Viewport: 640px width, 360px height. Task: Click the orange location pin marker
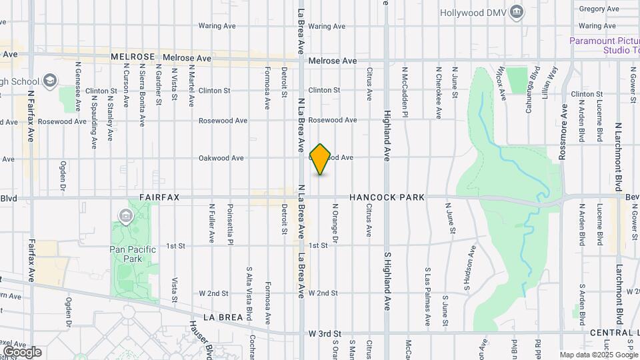click(x=321, y=159)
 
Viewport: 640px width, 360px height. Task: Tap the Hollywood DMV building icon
click(x=517, y=12)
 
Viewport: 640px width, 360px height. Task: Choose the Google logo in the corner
click(x=22, y=352)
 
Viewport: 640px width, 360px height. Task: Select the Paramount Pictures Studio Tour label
click(x=604, y=45)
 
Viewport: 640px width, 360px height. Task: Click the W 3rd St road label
click(x=325, y=333)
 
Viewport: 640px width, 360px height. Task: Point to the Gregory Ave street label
click(x=599, y=9)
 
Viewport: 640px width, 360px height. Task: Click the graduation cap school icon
click(x=49, y=81)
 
